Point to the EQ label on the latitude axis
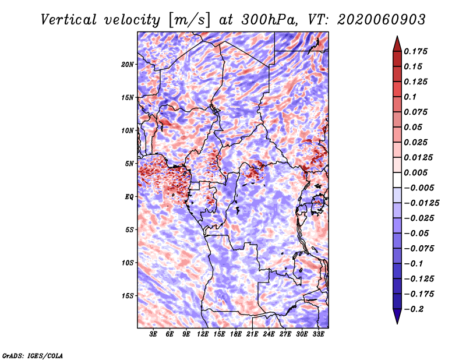[130, 196]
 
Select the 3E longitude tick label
[154, 334]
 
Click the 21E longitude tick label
[252, 334]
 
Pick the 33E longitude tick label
[317, 334]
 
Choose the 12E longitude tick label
[203, 334]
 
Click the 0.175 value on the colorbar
[416, 51]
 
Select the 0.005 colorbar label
[416, 172]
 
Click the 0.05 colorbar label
[414, 127]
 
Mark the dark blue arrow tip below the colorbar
[397, 321]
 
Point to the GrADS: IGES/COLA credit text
[32, 355]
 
